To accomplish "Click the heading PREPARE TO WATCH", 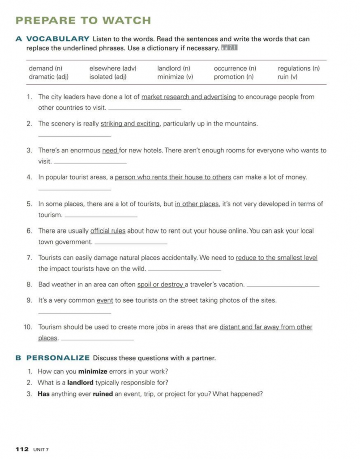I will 83,20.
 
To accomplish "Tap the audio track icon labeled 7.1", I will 228,48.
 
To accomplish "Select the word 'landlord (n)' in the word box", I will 174,69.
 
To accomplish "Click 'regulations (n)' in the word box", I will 299,69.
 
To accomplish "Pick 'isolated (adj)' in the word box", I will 108,77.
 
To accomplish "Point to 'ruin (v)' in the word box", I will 287,77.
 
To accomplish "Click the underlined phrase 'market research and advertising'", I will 189,97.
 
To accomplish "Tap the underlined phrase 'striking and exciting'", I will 130,124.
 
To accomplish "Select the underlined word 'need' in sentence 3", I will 110,151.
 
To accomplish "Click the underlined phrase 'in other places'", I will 197,204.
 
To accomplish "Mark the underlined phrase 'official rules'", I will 108,231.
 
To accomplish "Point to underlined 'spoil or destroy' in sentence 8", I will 160,285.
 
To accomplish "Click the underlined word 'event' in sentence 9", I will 105,301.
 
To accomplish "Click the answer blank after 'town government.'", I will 131,243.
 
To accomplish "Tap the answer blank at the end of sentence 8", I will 283,286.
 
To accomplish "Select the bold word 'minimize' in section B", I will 93,372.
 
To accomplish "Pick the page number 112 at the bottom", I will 22,449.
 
